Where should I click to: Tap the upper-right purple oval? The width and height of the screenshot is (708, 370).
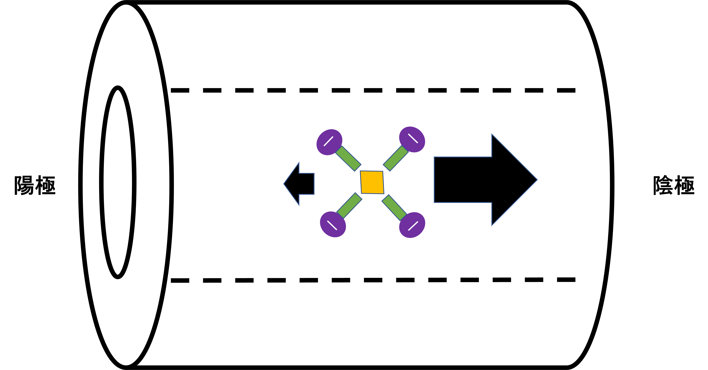412,139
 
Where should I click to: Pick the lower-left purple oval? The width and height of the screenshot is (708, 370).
333,224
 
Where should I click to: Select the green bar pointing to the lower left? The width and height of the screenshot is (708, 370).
349,205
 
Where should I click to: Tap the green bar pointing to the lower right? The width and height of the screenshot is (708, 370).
394,207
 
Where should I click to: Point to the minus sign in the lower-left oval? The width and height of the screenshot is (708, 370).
332,225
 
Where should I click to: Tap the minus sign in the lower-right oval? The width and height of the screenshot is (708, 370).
413,226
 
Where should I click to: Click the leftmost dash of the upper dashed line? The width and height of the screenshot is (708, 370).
180,90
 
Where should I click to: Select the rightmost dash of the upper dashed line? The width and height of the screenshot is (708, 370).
566,90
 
